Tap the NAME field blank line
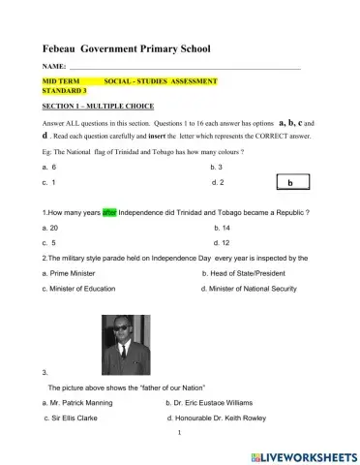tap(184, 68)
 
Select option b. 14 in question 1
tap(221, 227)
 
